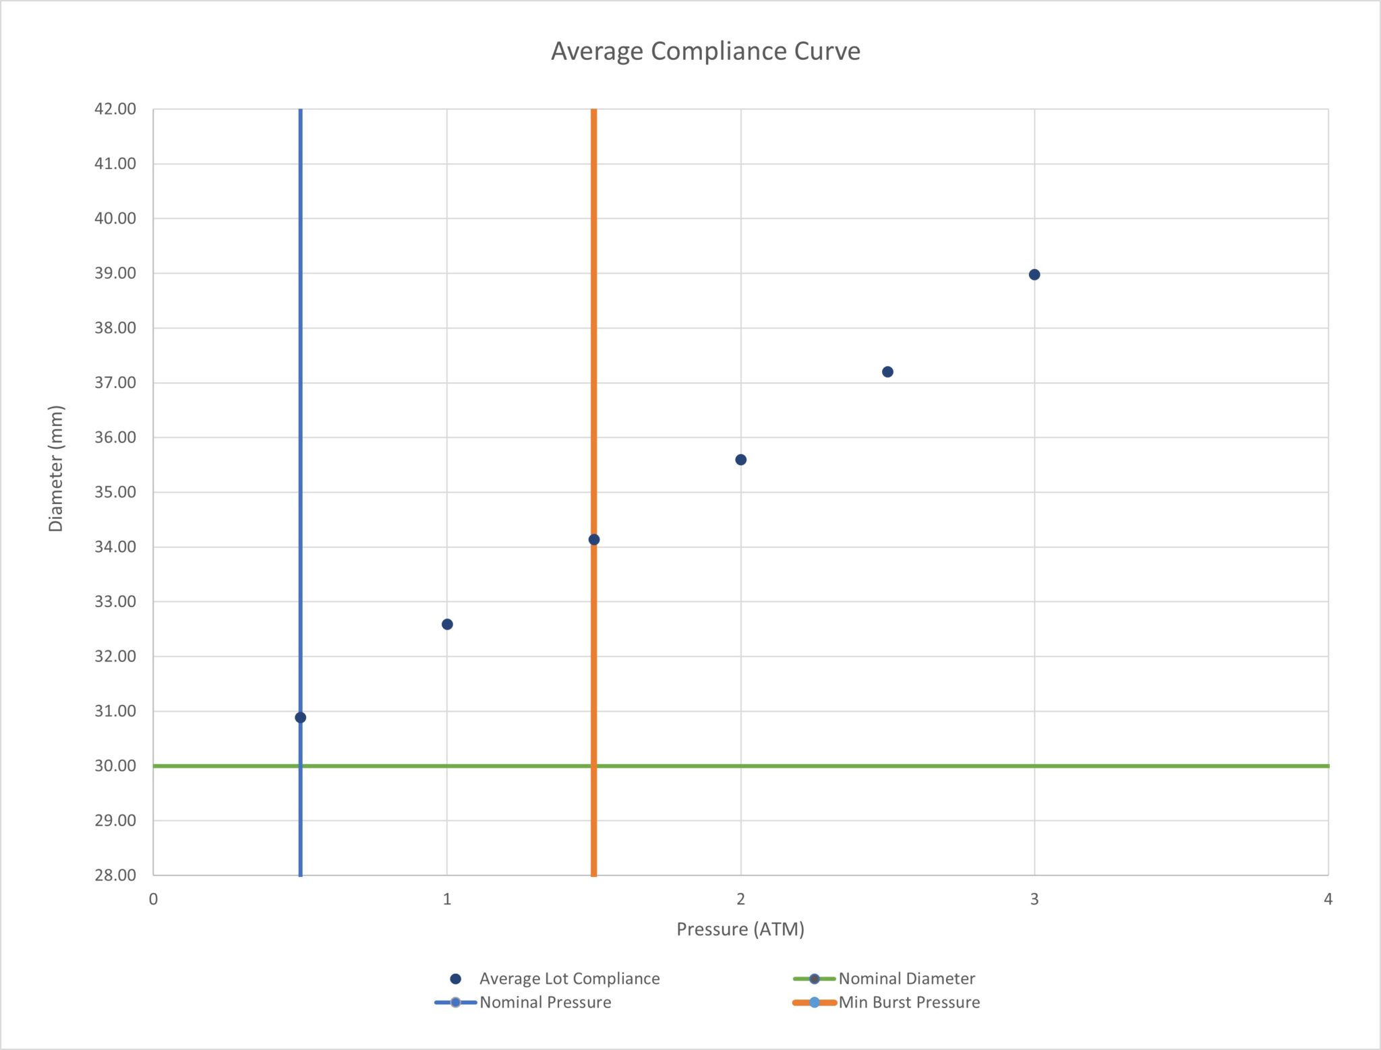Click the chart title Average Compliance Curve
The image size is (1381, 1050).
[705, 51]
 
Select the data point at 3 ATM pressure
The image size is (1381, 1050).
[1034, 274]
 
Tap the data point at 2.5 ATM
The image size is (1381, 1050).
[887, 372]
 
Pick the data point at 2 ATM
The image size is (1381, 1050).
[740, 460]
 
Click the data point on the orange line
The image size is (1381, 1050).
[593, 539]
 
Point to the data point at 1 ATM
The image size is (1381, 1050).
[447, 624]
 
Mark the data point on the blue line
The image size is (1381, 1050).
[300, 717]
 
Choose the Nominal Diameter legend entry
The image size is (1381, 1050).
[884, 979]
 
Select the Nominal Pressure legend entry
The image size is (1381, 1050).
[523, 1002]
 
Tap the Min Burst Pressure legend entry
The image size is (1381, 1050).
[886, 1002]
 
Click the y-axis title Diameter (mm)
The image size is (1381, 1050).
[56, 468]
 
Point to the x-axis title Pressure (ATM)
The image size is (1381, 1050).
[740, 929]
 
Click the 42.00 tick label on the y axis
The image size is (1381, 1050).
[115, 109]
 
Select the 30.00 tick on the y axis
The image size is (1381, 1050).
[115, 766]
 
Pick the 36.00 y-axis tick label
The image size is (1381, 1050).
[115, 437]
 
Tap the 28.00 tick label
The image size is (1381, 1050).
[115, 875]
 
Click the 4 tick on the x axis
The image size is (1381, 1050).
[1328, 899]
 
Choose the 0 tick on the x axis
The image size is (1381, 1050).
[153, 899]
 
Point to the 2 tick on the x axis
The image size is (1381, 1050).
[740, 899]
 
